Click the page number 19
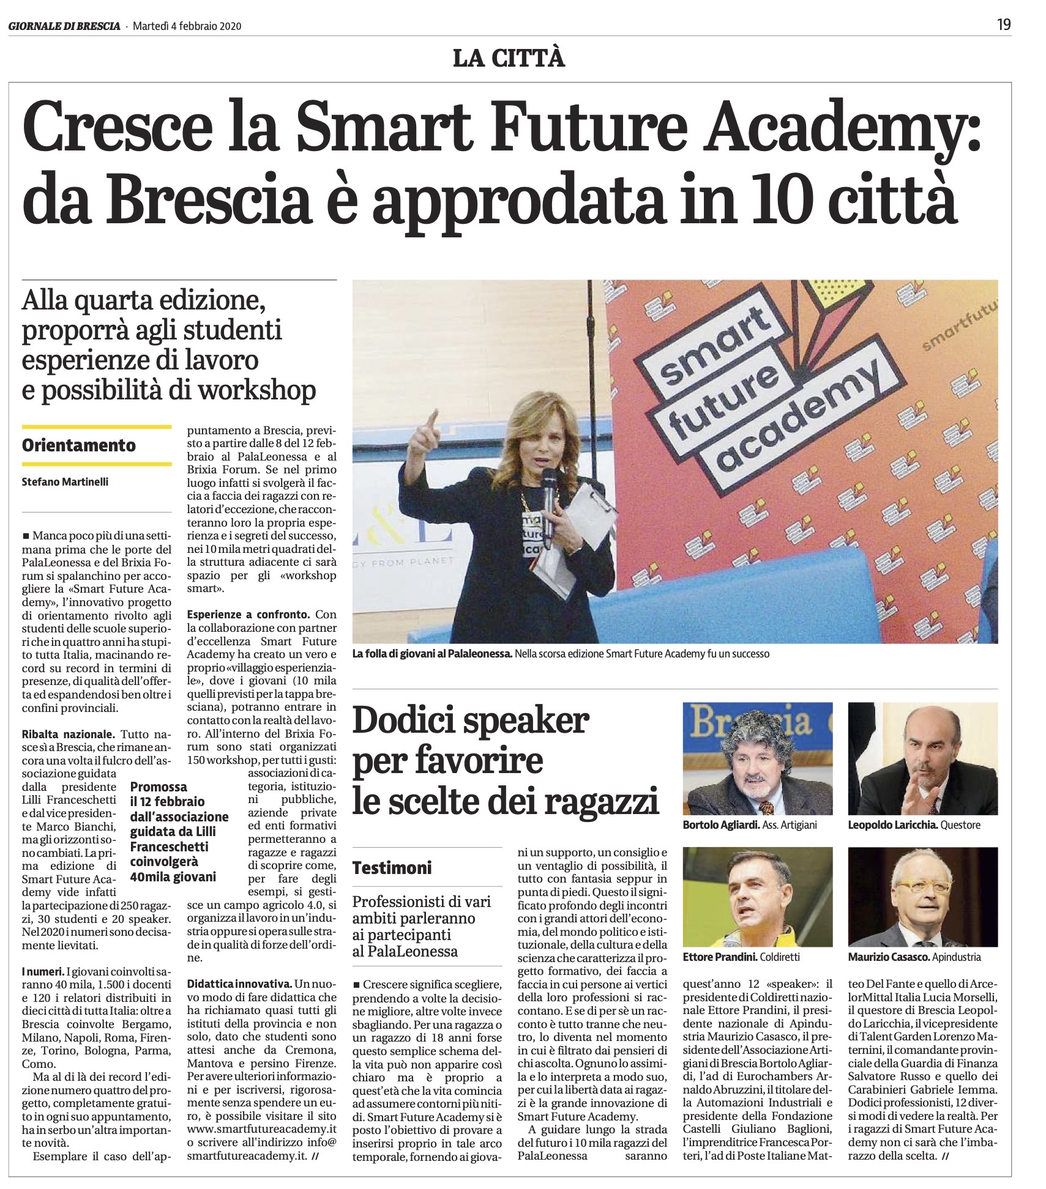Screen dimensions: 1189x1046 1004,24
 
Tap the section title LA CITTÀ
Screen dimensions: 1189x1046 509,59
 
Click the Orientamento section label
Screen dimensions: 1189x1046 78,445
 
